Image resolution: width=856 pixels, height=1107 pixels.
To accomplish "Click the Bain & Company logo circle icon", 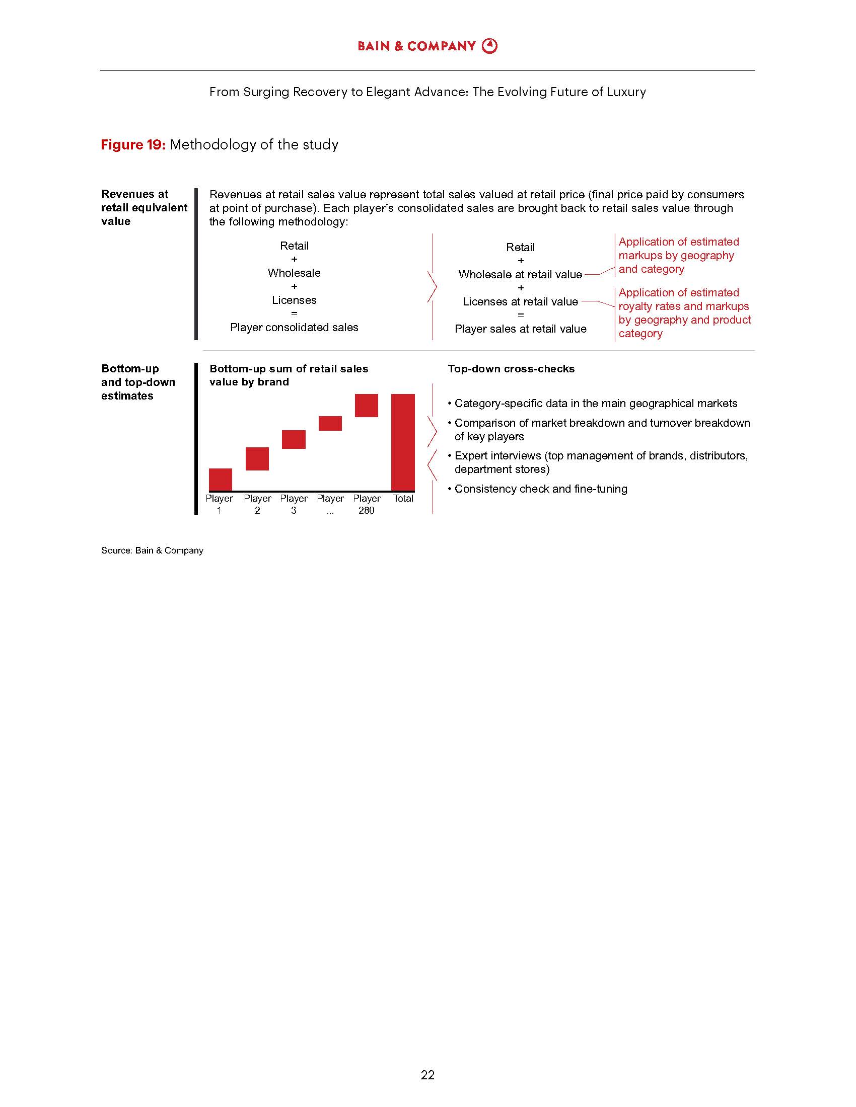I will point(489,46).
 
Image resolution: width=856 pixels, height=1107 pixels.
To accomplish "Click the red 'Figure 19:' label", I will point(133,145).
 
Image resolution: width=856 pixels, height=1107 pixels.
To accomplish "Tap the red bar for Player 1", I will point(221,480).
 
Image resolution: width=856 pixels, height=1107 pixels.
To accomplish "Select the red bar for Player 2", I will point(257,459).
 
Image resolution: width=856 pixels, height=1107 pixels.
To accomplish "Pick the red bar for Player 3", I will point(294,439).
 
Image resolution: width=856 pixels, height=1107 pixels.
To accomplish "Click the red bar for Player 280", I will point(366,406).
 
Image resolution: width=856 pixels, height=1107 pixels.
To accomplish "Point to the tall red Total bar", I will point(403,442).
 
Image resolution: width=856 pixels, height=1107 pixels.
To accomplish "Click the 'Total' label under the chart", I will point(403,499).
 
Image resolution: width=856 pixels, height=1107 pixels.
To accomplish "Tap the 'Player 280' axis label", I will point(366,504).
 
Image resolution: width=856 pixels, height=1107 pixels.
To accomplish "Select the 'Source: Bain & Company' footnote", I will point(152,550).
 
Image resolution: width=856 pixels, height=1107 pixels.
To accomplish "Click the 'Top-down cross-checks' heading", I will point(511,369).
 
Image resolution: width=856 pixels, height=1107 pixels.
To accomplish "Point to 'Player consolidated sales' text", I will point(294,328).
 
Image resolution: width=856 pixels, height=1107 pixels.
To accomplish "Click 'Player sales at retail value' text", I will point(520,329).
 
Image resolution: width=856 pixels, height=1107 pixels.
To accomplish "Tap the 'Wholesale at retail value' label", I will point(520,275).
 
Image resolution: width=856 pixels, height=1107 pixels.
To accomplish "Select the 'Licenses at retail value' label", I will point(520,302).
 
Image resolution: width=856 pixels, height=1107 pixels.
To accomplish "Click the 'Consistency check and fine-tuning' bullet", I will point(541,489).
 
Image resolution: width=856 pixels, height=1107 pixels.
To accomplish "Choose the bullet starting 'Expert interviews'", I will point(601,462).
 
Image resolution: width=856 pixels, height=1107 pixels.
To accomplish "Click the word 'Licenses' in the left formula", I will point(294,300).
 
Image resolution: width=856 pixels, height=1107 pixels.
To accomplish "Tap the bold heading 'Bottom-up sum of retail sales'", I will point(289,369).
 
